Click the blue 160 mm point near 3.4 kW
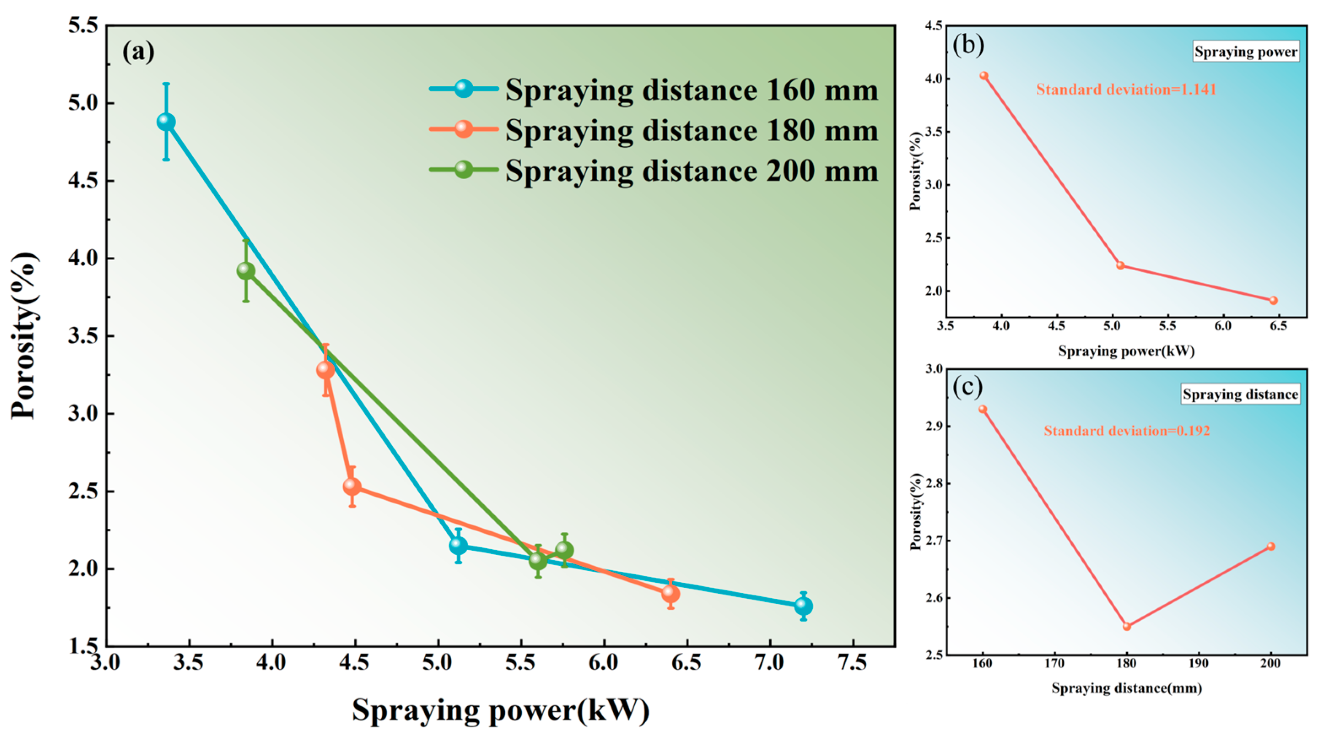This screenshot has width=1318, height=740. click(x=166, y=122)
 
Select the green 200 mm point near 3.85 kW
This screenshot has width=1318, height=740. click(x=246, y=271)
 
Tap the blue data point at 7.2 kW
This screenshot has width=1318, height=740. click(x=803, y=606)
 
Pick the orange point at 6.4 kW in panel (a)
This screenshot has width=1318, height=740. click(x=671, y=594)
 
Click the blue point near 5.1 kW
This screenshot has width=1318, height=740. click(x=458, y=546)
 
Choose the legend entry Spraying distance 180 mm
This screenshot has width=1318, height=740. click(x=691, y=130)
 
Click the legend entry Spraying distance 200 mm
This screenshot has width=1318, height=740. click(x=691, y=170)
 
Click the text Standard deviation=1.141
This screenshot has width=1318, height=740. click(x=1126, y=89)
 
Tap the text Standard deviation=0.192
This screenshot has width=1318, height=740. click(x=1127, y=431)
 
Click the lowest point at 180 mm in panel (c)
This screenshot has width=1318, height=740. click(x=1127, y=627)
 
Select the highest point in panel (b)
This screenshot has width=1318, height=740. click(x=984, y=76)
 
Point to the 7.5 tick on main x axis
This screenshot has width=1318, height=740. click(x=852, y=663)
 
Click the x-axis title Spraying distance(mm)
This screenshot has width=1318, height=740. click(x=1127, y=688)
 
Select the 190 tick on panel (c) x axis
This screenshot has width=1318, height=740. click(x=1198, y=663)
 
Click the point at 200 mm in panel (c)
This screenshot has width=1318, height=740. click(x=1271, y=546)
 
